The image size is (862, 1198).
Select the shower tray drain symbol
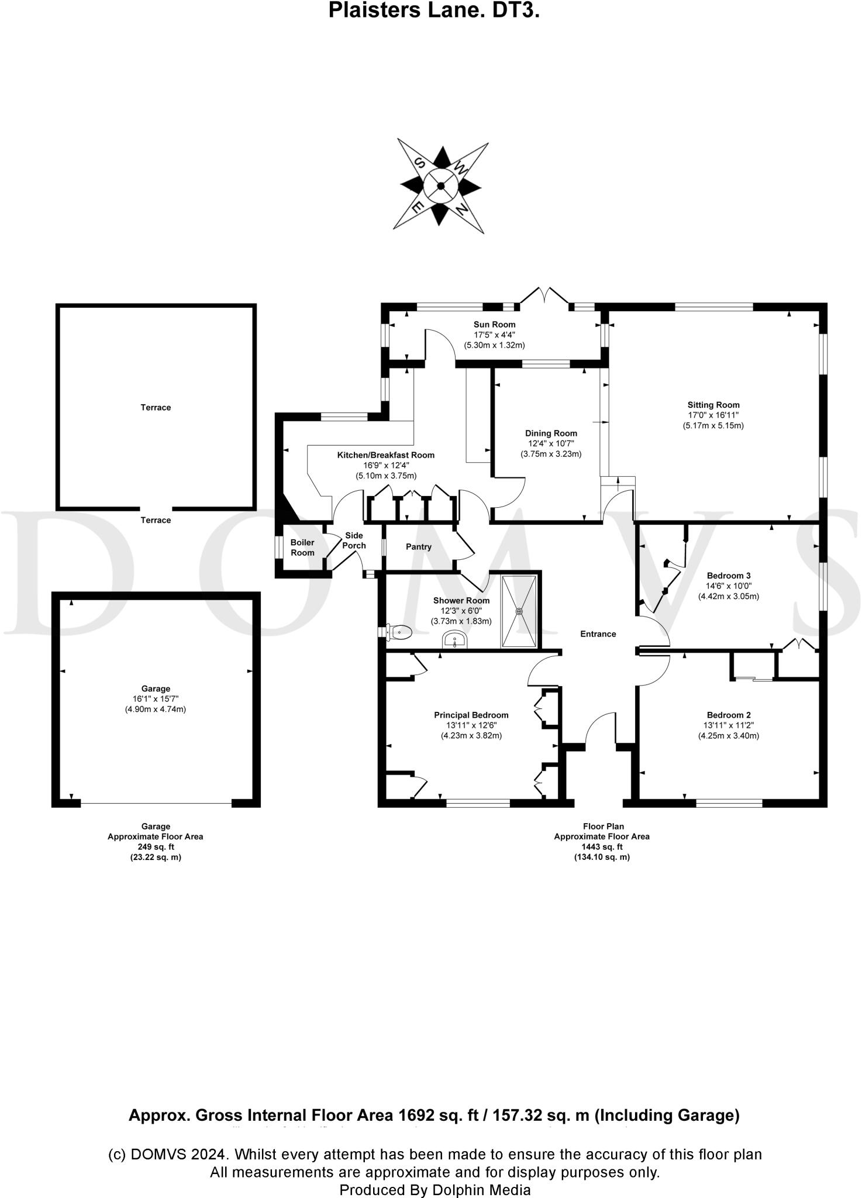[519, 611]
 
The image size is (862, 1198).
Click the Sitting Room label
[713, 405]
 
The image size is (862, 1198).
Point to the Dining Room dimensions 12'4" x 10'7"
[550, 444]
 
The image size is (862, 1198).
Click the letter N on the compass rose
[462, 209]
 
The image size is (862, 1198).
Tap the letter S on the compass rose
[419, 163]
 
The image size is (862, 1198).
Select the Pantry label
[418, 547]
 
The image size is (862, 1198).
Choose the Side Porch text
[354, 541]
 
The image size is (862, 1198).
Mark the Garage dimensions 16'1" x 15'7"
[155, 699]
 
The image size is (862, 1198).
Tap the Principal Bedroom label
[471, 715]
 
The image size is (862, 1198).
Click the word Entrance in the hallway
[598, 634]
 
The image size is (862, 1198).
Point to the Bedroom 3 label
[728, 576]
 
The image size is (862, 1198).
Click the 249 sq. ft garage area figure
[155, 847]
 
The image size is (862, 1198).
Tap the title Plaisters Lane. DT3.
[433, 11]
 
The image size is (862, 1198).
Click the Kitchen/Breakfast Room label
[385, 455]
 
